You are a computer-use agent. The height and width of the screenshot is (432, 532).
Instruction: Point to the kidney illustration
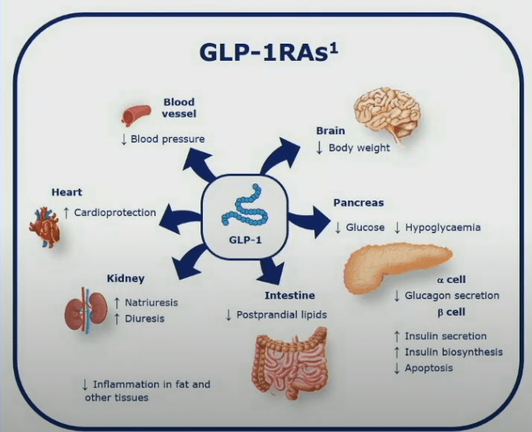click(x=83, y=311)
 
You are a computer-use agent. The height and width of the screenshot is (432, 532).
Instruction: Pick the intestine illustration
click(x=289, y=363)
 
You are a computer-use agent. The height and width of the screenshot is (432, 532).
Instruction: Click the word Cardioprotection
click(x=115, y=212)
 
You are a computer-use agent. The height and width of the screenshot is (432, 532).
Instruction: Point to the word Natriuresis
click(x=156, y=302)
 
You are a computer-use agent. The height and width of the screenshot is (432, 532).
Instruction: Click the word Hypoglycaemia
click(x=443, y=228)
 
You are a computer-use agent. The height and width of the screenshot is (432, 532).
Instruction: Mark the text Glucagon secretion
click(x=452, y=296)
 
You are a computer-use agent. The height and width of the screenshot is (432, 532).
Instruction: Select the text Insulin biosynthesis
click(x=453, y=352)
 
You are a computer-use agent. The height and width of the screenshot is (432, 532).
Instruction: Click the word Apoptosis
click(x=428, y=368)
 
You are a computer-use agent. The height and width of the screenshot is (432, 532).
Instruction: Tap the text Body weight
click(x=359, y=147)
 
